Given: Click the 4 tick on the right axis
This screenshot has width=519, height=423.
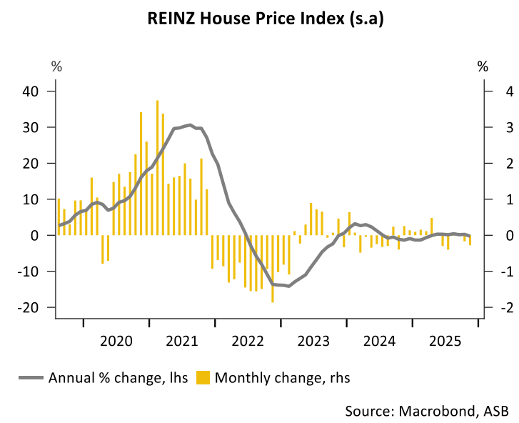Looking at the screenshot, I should (x=489, y=91).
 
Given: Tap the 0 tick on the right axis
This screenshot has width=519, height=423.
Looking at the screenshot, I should (x=489, y=235).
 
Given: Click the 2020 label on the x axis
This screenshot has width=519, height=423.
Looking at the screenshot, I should (x=116, y=341).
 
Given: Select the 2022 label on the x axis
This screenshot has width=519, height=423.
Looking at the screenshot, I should (x=247, y=341).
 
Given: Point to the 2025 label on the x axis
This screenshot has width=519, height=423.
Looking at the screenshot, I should (x=443, y=341).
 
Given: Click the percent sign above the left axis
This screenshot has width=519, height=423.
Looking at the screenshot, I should (x=56, y=67).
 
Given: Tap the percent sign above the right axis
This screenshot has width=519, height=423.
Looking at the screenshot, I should (x=483, y=67).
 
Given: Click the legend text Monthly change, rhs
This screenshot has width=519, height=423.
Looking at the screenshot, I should (x=283, y=377).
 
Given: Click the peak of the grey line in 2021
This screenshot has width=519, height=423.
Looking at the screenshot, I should (x=189, y=125).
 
